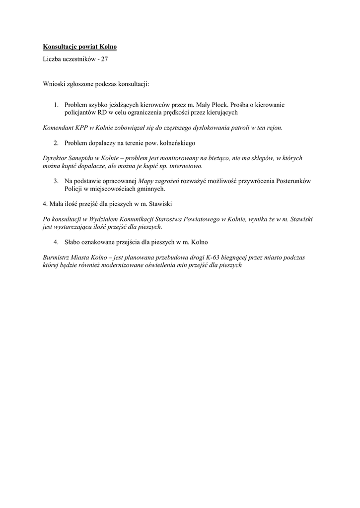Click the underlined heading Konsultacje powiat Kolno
coord(79,47)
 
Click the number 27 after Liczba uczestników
coord(104,59)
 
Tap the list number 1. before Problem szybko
coord(57,105)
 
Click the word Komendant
coord(59,127)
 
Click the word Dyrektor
coord(56,158)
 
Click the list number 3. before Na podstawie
coord(57,181)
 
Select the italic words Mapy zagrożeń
coord(161,181)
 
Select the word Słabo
coord(72,242)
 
